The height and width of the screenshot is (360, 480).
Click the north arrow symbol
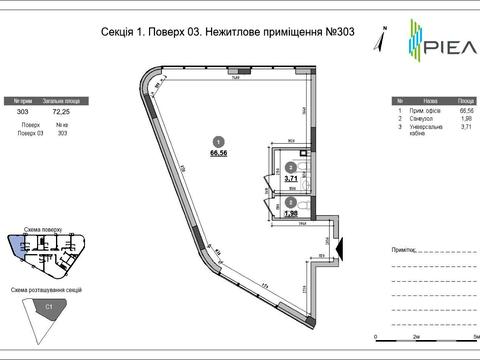pyautogui.click(x=377, y=39)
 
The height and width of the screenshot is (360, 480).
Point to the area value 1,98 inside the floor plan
pyautogui.click(x=291, y=213)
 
